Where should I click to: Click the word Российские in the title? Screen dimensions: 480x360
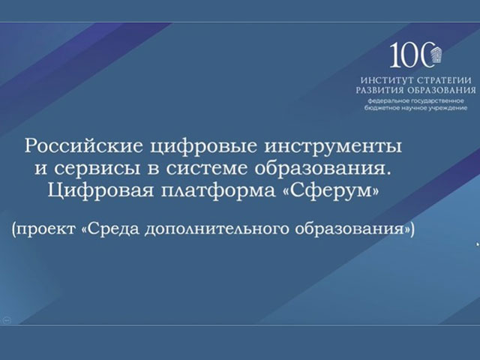click(x=83, y=146)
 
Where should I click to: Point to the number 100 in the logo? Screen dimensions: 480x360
click(x=411, y=55)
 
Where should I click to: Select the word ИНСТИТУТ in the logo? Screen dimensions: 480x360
click(x=386, y=80)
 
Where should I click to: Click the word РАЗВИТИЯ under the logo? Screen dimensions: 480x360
click(x=379, y=90)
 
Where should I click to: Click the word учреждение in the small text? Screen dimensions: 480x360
click(x=451, y=108)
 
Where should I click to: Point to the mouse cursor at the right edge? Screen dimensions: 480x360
click(x=478, y=244)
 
